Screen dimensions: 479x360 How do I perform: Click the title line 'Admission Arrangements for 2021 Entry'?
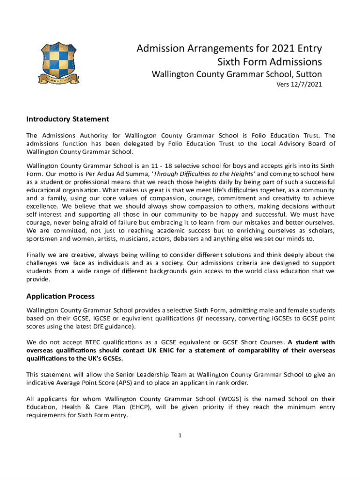tap(229, 49)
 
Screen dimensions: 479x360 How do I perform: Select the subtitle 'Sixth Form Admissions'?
tap(270, 62)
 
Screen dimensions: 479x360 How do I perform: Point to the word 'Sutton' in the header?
tap(307, 74)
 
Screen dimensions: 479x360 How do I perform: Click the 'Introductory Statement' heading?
tap(68, 119)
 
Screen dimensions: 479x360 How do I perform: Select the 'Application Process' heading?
tap(60, 297)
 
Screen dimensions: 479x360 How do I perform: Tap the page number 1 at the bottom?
tap(180, 436)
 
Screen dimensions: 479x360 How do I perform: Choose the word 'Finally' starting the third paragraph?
tap(36, 255)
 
